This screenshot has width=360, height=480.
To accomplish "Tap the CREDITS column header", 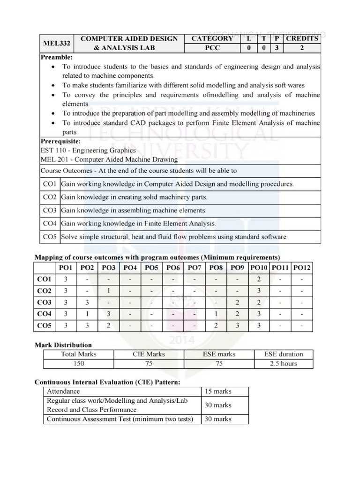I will (302, 38).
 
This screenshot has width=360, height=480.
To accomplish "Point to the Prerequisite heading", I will (60, 141).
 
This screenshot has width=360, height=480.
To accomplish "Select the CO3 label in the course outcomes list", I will (49, 210).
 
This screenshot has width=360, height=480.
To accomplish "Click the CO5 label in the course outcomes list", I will (49, 237).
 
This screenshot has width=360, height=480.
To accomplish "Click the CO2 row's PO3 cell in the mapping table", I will (108, 291).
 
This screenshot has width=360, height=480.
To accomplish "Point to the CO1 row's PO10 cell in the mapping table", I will (259, 279).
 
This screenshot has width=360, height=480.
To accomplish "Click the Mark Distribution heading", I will (63, 345).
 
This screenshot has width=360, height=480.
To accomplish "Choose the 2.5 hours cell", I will (283, 364).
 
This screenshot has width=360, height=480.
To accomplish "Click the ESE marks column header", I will (219, 354).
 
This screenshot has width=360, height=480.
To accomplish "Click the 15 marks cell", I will (218, 391).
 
